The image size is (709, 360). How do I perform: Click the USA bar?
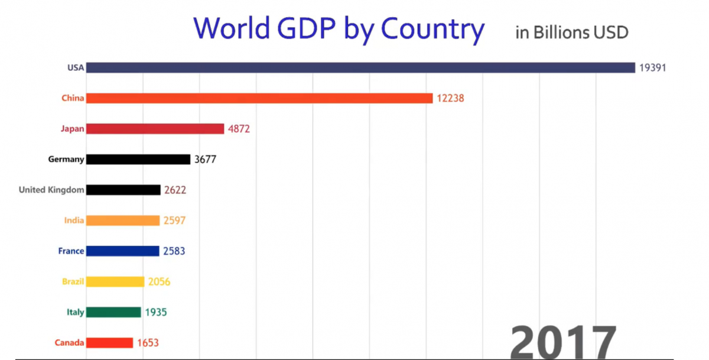tap(360, 67)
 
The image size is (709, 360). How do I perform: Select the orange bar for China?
tap(259, 98)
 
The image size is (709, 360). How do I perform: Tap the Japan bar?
tap(155, 129)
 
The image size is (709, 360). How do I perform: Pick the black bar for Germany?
tap(138, 159)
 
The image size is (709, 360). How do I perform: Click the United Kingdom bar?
tap(123, 190)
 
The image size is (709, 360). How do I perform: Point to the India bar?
tap(123, 220)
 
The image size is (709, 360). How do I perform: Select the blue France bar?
tap(123, 251)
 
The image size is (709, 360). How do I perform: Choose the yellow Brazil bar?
tap(115, 282)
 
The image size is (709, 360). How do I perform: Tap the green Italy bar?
tap(113, 312)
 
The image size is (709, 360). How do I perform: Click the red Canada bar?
tap(109, 343)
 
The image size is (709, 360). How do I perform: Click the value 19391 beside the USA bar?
tap(652, 67)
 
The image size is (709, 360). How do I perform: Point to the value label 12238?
tap(450, 98)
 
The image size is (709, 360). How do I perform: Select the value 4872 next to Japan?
tap(239, 129)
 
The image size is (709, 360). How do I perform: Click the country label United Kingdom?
tap(51, 190)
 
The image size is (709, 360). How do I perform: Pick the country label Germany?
tap(66, 159)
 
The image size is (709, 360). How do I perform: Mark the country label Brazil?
tap(73, 282)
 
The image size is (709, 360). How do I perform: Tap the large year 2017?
tap(562, 342)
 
